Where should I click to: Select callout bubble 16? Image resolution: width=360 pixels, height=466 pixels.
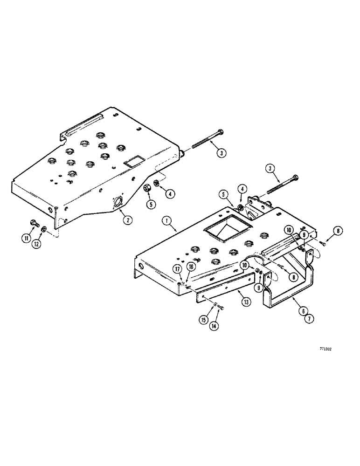click(191, 266)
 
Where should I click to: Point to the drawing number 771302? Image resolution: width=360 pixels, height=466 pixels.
click(325, 348)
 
